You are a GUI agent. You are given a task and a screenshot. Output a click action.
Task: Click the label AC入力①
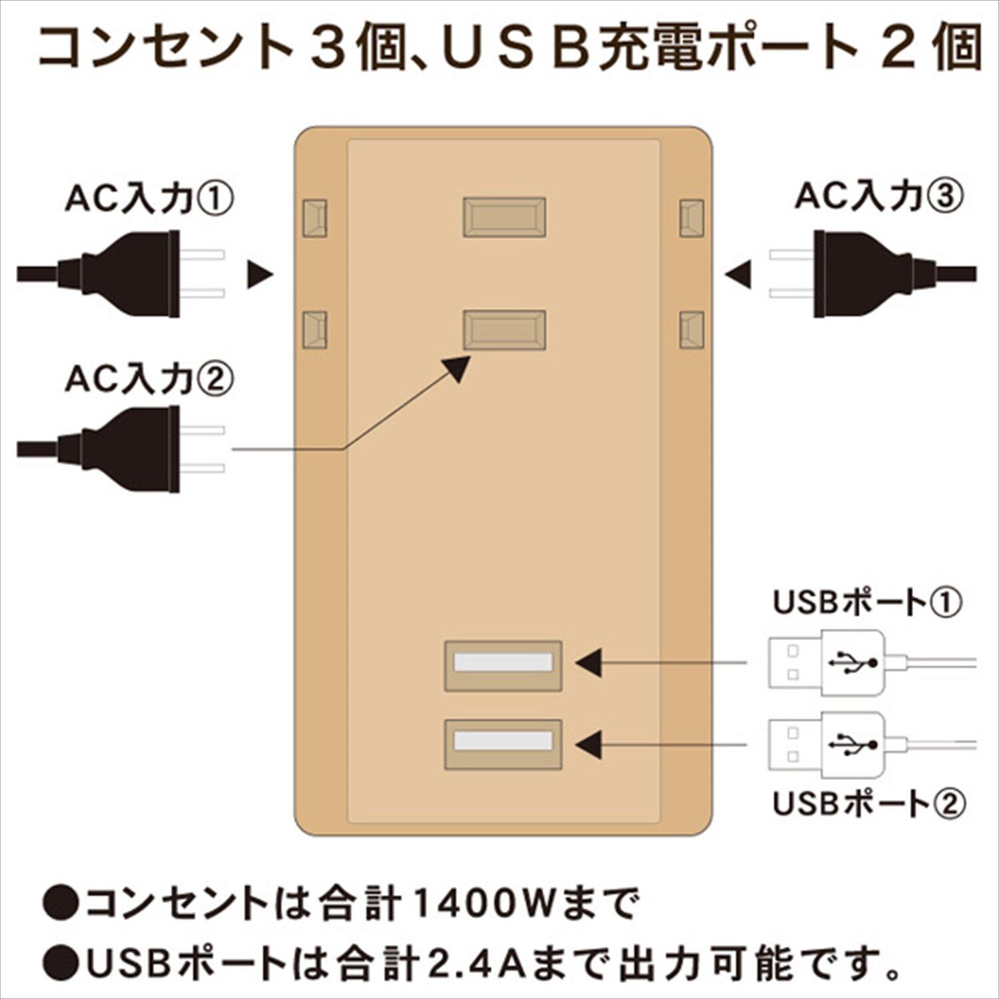(x=149, y=198)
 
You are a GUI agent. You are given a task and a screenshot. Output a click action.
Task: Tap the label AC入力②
(x=149, y=380)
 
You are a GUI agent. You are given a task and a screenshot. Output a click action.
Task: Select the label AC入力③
(x=879, y=196)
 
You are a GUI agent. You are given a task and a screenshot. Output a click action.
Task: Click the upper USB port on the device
(x=503, y=665)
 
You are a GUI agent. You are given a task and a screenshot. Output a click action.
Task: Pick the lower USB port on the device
(x=503, y=743)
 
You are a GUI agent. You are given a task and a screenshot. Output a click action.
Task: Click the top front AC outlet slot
(x=505, y=217)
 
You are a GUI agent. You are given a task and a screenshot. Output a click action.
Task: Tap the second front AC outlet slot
(x=505, y=330)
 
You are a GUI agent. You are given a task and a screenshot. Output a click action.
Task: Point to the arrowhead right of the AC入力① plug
(x=260, y=274)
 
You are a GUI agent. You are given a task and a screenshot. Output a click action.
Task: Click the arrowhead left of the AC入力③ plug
(x=738, y=274)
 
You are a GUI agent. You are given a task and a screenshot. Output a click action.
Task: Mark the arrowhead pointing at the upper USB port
(x=589, y=663)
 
